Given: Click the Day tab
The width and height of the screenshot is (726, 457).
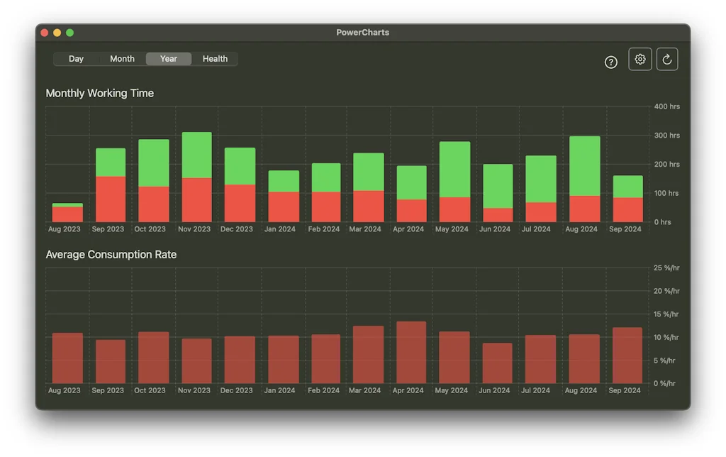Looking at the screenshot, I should pos(76,59).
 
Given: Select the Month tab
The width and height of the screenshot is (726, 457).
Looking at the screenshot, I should pos(122,59).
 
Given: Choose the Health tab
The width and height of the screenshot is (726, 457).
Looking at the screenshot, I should pos(215,59).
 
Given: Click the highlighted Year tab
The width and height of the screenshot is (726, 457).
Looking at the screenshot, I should pos(169,59).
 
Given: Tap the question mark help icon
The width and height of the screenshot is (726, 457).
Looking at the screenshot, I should pos(611,62).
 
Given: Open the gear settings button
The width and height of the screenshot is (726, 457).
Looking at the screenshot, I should pos(640,60).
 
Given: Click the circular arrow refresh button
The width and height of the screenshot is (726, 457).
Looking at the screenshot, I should pos(667,60).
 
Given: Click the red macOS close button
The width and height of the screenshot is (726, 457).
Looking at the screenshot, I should pos(45,33).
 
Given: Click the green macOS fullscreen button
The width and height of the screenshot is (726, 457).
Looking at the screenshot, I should pos(69,33).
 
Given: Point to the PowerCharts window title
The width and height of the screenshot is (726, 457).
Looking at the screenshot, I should pos(362,33).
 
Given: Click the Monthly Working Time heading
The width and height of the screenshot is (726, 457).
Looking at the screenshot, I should pos(99,93).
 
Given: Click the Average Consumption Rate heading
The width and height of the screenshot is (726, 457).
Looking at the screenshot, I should pos(111,254).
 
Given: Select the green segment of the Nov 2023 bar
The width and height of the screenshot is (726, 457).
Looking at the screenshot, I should pos(196,155).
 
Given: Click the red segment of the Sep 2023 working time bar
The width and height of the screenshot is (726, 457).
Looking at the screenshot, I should pos(111,199).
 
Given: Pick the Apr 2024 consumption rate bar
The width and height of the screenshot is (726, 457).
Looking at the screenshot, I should pos(411,353).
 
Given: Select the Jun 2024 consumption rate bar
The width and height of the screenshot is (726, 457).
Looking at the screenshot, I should pos(497,363).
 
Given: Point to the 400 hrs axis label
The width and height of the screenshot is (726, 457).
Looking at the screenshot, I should pos(666,106).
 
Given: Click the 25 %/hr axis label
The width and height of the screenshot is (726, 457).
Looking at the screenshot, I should pos(666,268).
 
